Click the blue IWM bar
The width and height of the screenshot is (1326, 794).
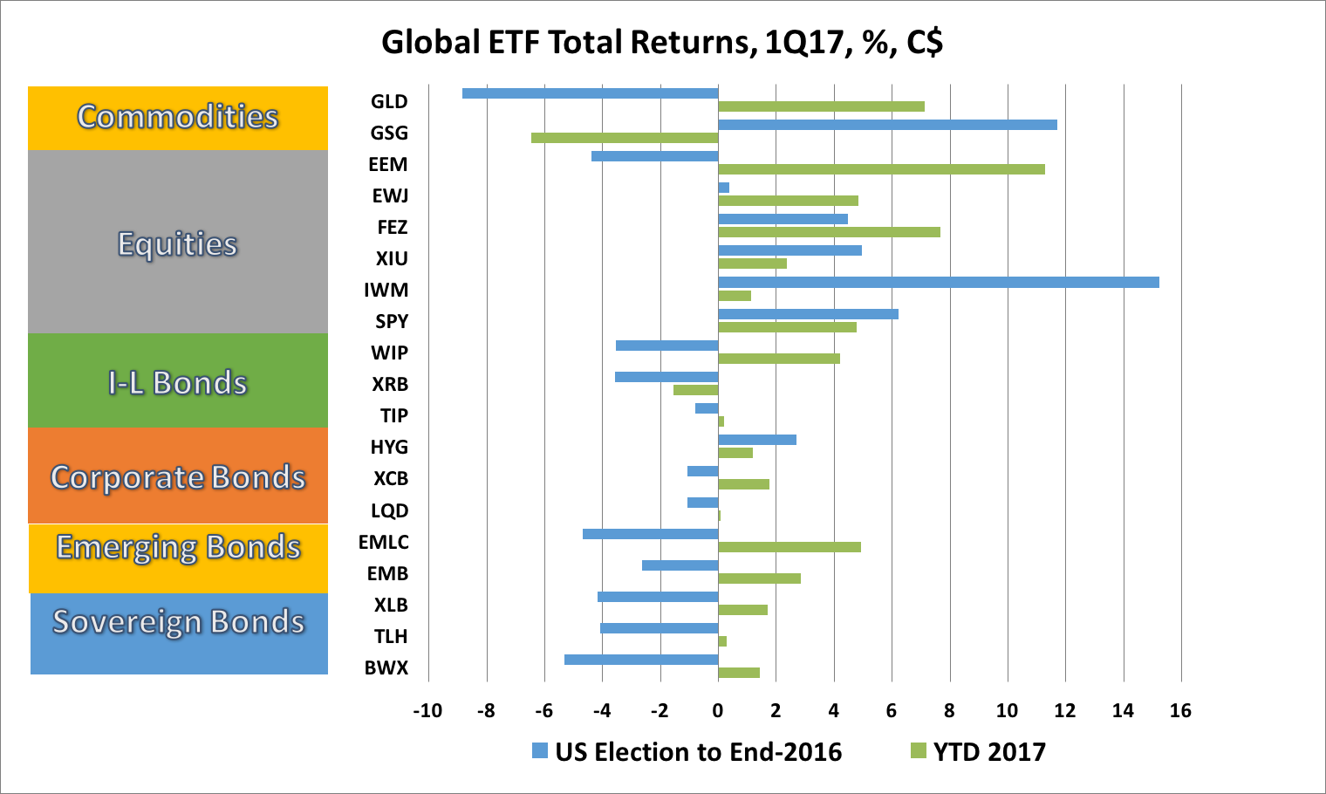(938, 282)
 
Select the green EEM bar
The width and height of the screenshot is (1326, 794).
(881, 169)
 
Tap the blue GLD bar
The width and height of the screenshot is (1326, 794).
(590, 93)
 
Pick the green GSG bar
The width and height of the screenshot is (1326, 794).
(625, 138)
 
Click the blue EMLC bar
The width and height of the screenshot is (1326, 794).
(650, 534)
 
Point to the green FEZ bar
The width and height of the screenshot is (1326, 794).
(829, 232)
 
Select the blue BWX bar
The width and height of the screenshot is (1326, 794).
(641, 660)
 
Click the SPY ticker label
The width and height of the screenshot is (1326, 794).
(392, 321)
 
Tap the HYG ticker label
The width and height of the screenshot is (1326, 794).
(389, 447)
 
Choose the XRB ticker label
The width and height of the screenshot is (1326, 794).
(390, 384)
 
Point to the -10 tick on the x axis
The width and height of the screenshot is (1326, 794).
(427, 710)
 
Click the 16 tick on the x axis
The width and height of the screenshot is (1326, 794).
(1180, 710)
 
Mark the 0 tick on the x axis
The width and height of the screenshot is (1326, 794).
(717, 710)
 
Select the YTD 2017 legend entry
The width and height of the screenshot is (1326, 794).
(978, 751)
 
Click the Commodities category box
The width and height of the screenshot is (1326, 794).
(178, 118)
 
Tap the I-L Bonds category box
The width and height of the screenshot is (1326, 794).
(178, 381)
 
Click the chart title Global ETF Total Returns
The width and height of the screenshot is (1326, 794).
(662, 42)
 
